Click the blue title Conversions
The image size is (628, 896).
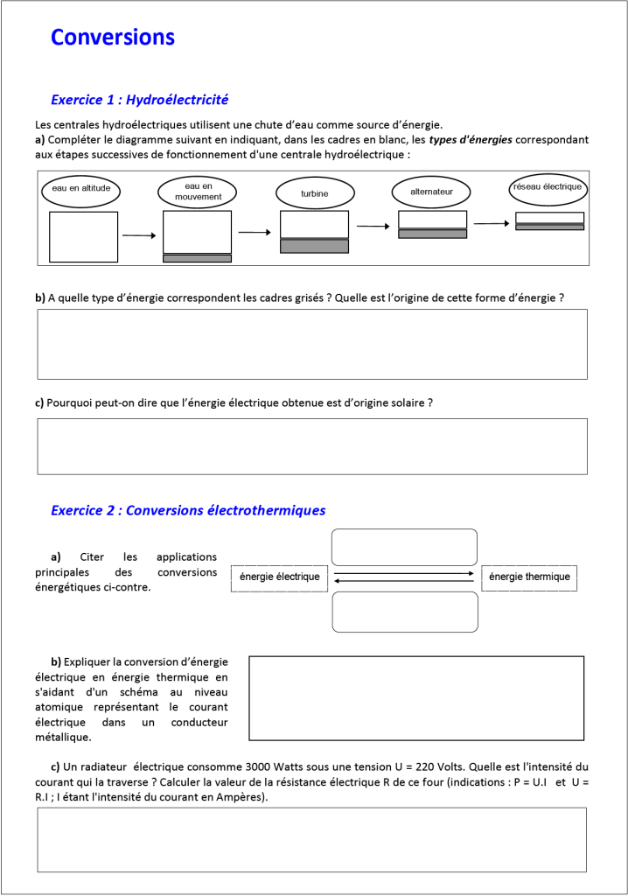[113, 38]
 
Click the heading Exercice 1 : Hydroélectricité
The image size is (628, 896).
[140, 100]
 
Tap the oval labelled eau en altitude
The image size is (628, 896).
[80, 190]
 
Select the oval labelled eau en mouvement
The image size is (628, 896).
[198, 192]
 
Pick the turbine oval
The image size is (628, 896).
[315, 192]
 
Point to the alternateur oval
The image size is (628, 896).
[430, 192]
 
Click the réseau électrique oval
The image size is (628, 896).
[548, 187]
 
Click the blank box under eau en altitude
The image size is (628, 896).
[83, 236]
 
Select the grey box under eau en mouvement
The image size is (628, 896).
[197, 258]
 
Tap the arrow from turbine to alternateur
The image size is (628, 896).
[373, 227]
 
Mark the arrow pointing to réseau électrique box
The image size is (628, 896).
[491, 223]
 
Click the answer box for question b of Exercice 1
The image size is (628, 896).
[311, 344]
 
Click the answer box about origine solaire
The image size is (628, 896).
[311, 446]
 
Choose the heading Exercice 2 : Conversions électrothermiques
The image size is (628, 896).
[188, 510]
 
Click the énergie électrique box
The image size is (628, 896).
[280, 577]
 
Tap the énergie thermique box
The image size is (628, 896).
[529, 577]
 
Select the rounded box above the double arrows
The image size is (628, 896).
[404, 547]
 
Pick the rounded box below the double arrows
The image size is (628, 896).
[404, 612]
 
